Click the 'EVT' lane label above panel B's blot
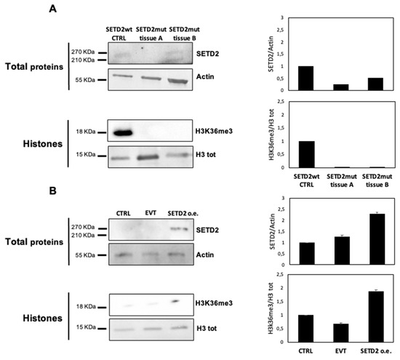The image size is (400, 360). [x=150, y=212]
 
